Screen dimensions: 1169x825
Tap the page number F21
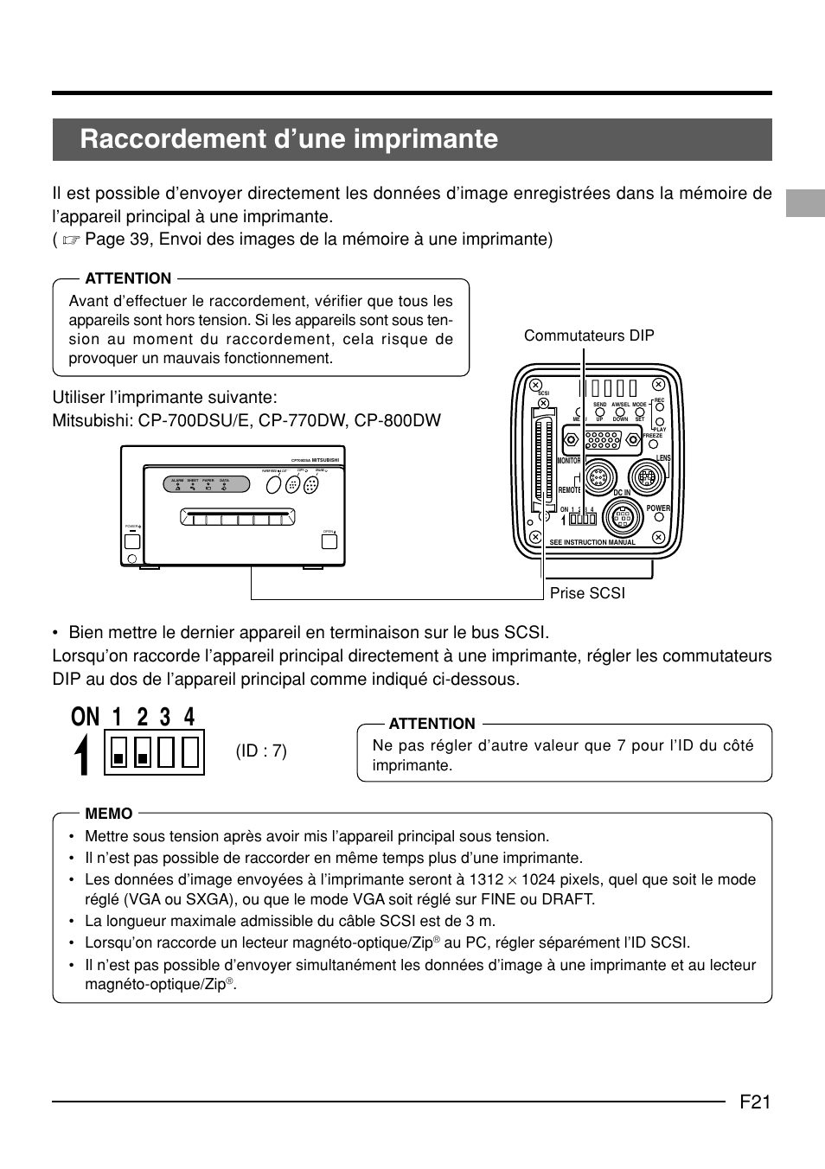click(x=755, y=1102)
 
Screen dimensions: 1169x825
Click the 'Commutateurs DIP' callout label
click(x=589, y=335)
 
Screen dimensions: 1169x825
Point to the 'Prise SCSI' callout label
click(x=587, y=592)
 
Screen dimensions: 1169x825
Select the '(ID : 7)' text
click(x=261, y=751)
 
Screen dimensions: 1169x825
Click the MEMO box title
click(x=109, y=814)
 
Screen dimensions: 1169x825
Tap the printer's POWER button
click(x=131, y=541)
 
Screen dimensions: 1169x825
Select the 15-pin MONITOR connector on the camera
click(x=603, y=440)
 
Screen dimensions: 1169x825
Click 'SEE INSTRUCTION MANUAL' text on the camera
click(x=592, y=543)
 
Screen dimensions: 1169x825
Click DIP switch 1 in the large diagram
click(x=118, y=751)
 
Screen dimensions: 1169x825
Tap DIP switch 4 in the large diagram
click(x=189, y=751)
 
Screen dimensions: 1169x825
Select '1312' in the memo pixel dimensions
click(x=486, y=879)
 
